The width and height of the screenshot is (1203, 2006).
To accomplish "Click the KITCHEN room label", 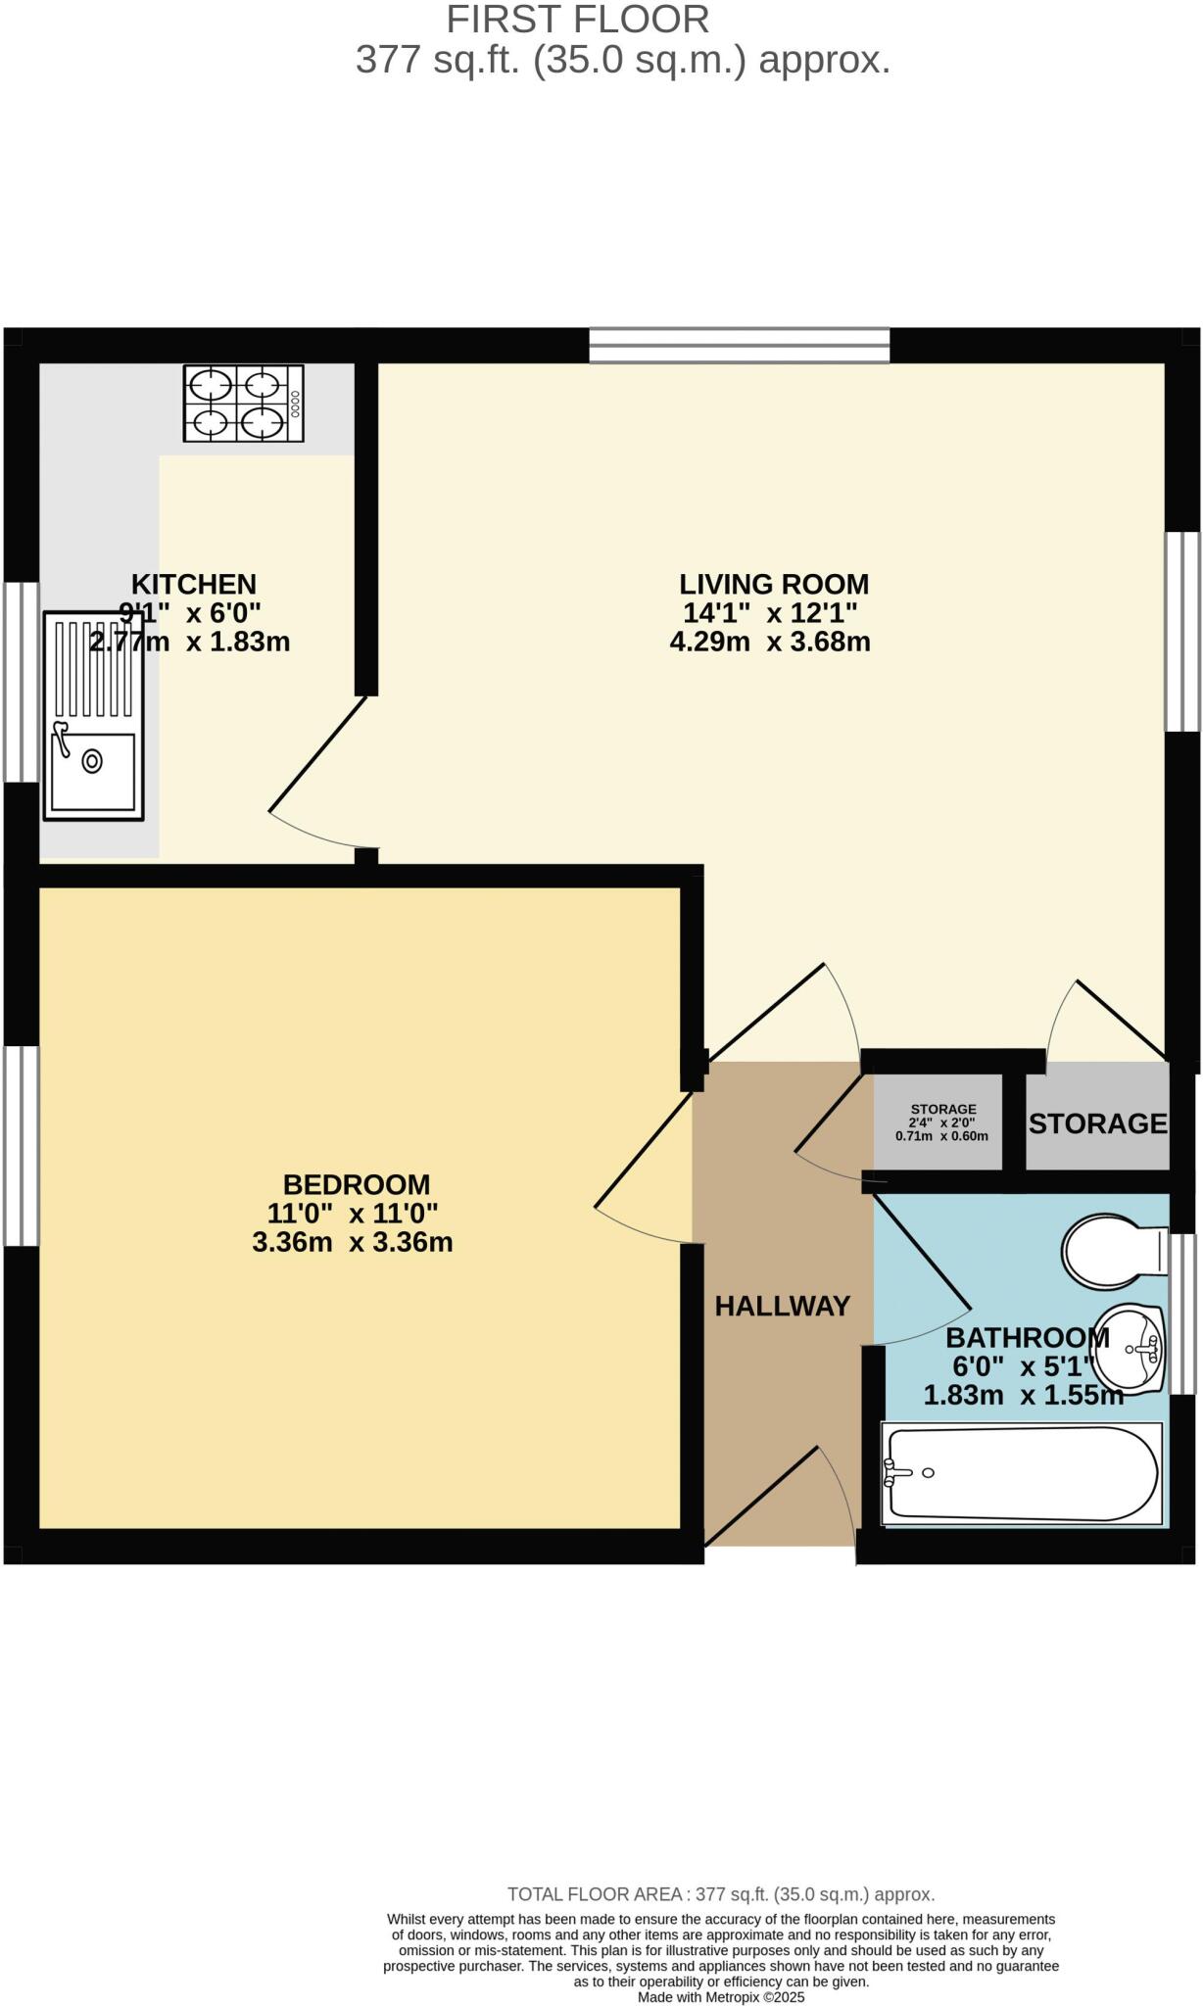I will click(x=193, y=584).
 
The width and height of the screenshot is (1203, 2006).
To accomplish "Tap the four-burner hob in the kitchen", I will click(x=243, y=404).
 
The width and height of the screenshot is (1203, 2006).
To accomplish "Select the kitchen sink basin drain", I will click(x=92, y=761).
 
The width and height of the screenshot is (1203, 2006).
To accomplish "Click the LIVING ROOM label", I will click(x=774, y=584).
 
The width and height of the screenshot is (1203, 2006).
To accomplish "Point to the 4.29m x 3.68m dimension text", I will click(x=770, y=643).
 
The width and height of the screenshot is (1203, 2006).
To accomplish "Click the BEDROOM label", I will click(x=356, y=1184).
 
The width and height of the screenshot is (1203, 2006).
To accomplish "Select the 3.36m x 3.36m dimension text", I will click(x=352, y=1243).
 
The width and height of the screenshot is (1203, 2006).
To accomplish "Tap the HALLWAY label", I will click(x=782, y=1306).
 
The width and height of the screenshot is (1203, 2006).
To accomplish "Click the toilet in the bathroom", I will click(x=1105, y=1253).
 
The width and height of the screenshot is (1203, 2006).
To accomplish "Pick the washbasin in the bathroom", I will click(x=1132, y=1348).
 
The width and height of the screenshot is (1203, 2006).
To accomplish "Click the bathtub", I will click(x=1021, y=1474).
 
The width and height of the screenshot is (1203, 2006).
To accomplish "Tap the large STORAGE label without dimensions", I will click(x=1097, y=1123).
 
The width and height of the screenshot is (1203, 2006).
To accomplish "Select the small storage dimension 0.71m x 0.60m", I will click(x=941, y=1137).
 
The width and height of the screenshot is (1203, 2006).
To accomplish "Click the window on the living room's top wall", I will click(x=739, y=346).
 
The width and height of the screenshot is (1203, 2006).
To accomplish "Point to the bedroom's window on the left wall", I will click(x=21, y=1146).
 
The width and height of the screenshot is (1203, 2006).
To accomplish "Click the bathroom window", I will click(x=1184, y=1313).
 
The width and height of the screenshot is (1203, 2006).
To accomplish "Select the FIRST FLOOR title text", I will click(x=577, y=20).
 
